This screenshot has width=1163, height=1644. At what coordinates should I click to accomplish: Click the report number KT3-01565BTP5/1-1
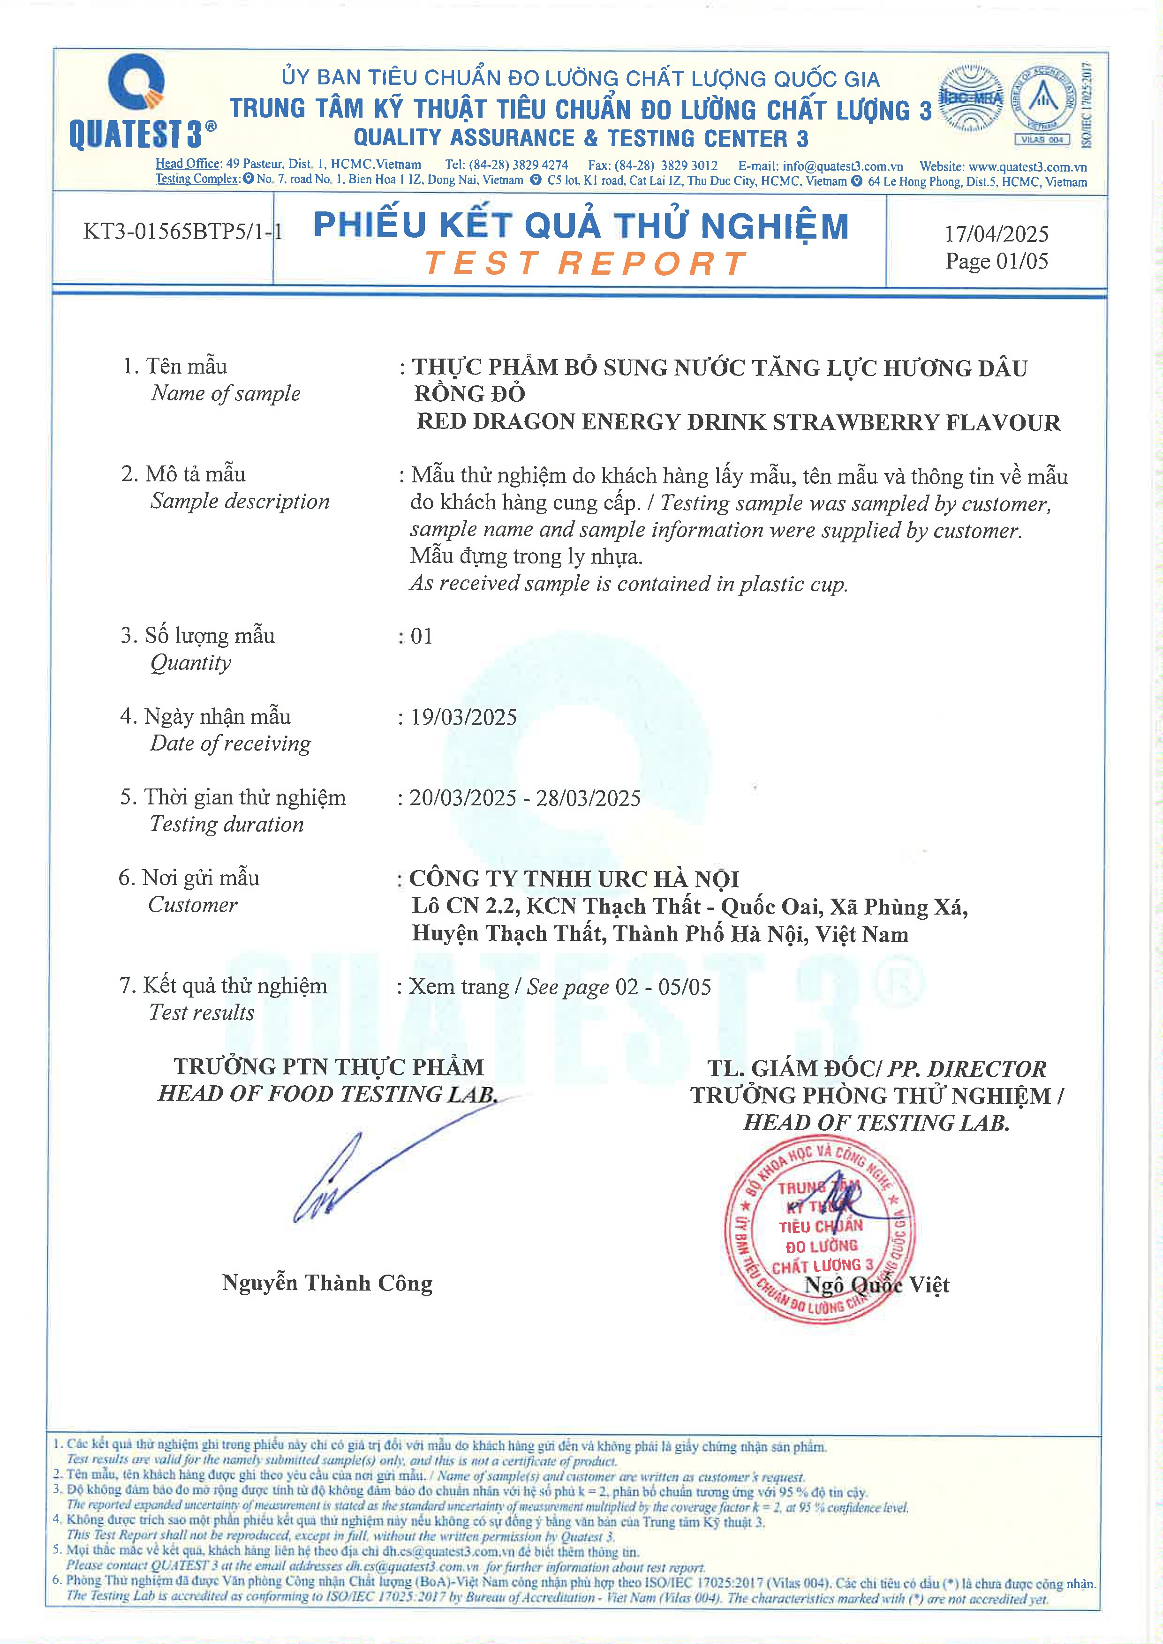[182, 231]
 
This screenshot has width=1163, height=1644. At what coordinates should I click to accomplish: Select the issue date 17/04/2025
[996, 233]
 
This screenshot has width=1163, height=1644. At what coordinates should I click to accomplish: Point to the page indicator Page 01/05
[996, 261]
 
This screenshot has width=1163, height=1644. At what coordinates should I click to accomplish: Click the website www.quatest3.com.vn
[1027, 167]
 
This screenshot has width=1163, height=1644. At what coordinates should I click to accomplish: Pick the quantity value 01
[421, 636]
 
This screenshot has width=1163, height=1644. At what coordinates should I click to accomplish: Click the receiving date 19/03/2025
[463, 717]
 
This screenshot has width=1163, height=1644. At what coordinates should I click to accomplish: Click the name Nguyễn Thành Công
[327, 1283]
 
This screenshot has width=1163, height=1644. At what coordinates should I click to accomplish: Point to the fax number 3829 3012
[688, 166]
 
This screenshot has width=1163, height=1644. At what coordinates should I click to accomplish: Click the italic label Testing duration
[227, 824]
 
